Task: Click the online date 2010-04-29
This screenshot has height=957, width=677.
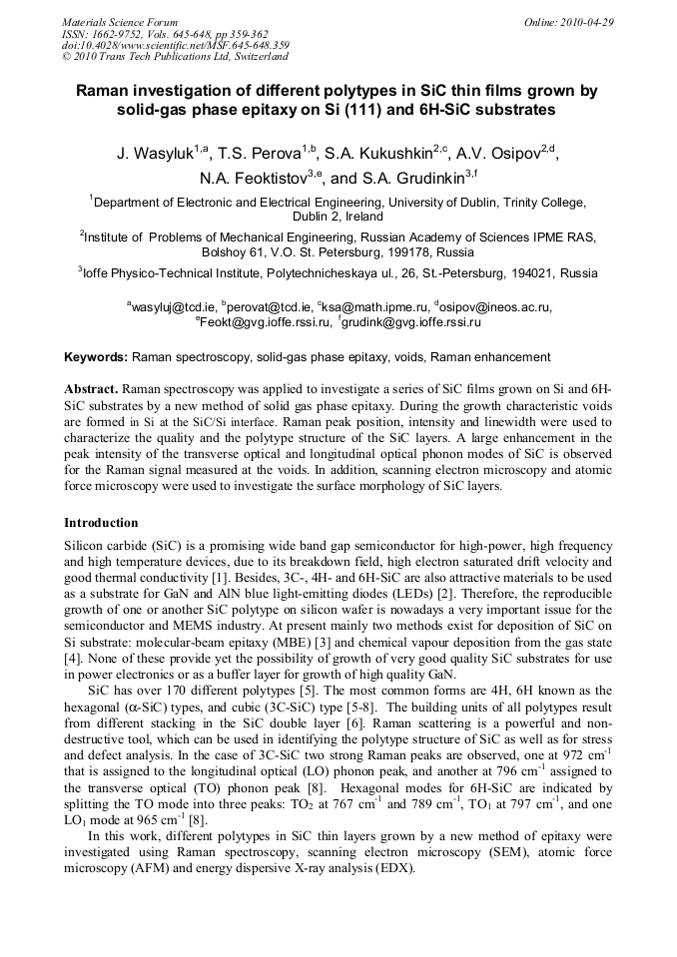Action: (x=583, y=22)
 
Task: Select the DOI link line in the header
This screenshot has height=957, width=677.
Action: (x=176, y=45)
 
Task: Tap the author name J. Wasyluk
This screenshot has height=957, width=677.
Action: (x=154, y=154)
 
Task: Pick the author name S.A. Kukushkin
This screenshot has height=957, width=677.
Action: (x=381, y=154)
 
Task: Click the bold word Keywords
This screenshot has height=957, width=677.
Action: (x=96, y=356)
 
